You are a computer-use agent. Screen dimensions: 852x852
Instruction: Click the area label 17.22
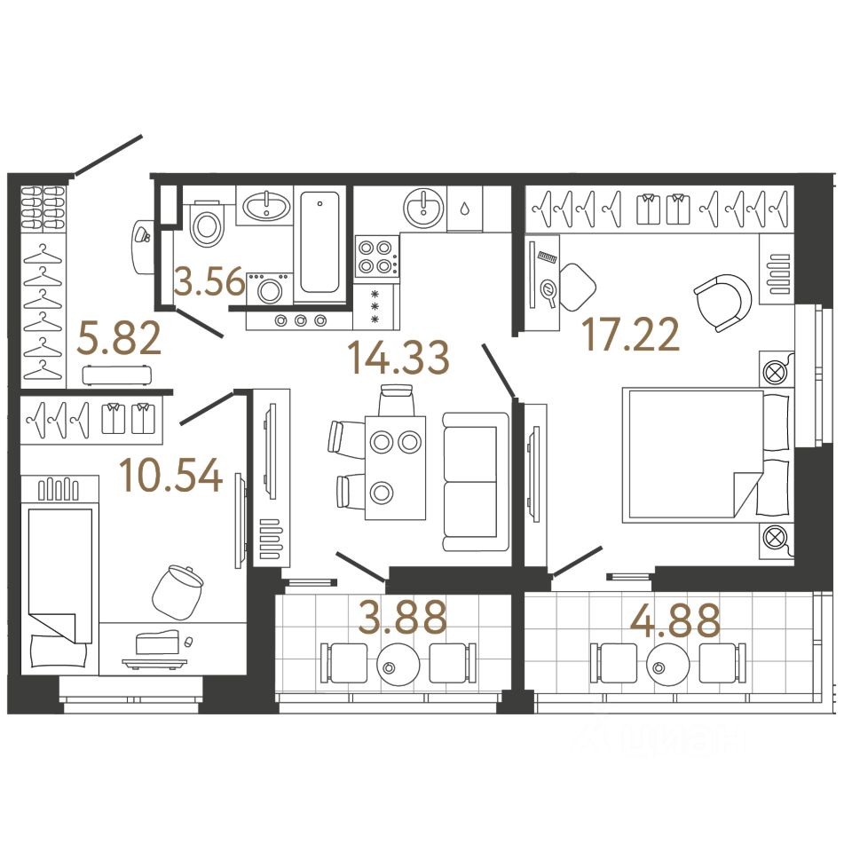[630, 335]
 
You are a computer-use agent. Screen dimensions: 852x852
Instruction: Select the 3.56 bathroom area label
[209, 284]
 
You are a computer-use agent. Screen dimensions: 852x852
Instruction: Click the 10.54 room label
[171, 477]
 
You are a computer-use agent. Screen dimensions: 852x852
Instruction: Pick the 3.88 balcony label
[402, 619]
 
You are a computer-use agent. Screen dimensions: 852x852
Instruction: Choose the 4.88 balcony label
[674, 620]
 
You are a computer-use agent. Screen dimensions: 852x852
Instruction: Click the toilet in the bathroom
[207, 224]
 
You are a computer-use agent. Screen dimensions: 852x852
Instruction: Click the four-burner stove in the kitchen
[376, 256]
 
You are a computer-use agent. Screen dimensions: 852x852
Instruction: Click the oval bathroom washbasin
[266, 208]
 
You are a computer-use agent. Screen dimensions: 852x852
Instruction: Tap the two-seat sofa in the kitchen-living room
[470, 481]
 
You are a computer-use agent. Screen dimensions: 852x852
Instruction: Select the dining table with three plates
[395, 467]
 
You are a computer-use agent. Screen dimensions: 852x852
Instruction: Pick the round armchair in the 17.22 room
[722, 302]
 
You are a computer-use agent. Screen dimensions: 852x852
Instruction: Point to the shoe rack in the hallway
[43, 209]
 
